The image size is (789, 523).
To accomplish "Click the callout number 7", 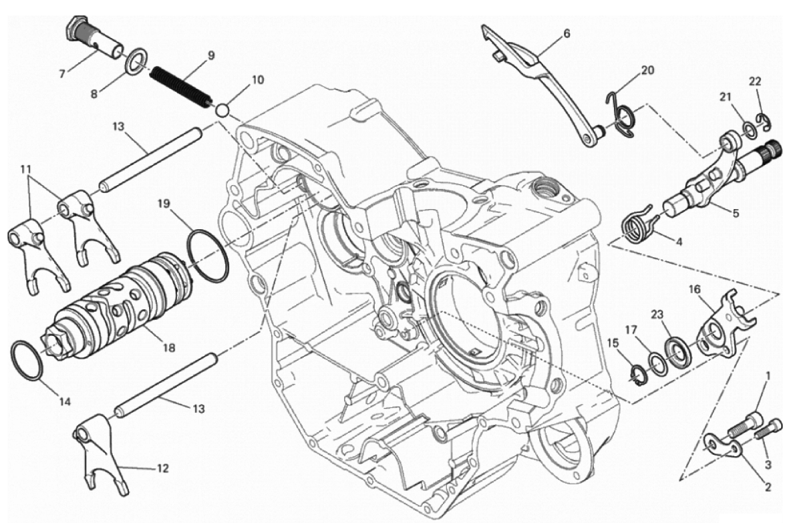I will coord(62,73).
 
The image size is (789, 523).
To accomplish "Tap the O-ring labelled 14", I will coord(28,361).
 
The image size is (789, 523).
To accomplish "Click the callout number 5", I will coord(735,214).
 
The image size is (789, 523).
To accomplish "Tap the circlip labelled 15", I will coord(637,372).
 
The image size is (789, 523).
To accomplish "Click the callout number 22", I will coord(755,81).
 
